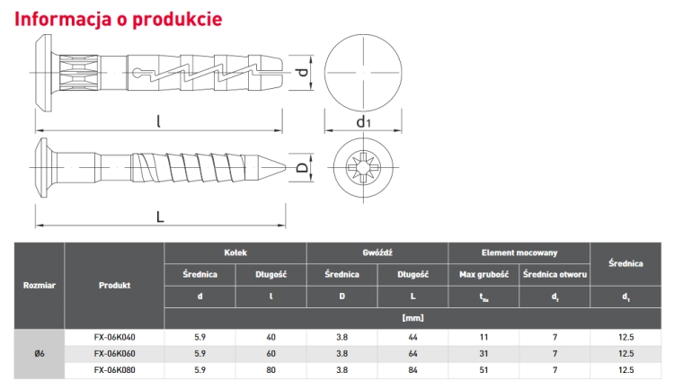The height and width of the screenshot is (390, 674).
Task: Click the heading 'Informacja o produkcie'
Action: pyautogui.click(x=119, y=19)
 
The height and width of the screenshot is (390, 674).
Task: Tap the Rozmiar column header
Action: pyautogui.click(x=40, y=285)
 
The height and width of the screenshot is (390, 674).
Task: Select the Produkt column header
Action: pyautogui.click(x=114, y=285)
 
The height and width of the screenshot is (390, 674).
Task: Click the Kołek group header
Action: pyautogui.click(x=235, y=253)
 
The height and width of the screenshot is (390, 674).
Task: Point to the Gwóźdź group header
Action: pyautogui.click(x=377, y=253)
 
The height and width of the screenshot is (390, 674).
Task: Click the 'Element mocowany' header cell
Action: pyautogui.click(x=519, y=253)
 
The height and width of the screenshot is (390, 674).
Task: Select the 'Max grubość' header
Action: pyautogui.click(x=483, y=274)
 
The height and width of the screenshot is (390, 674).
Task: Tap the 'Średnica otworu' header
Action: pyautogui.click(x=554, y=274)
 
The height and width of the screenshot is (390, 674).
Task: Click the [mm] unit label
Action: pyautogui.click(x=412, y=318)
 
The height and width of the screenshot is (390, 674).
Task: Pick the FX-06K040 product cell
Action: pyautogui.click(x=114, y=338)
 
